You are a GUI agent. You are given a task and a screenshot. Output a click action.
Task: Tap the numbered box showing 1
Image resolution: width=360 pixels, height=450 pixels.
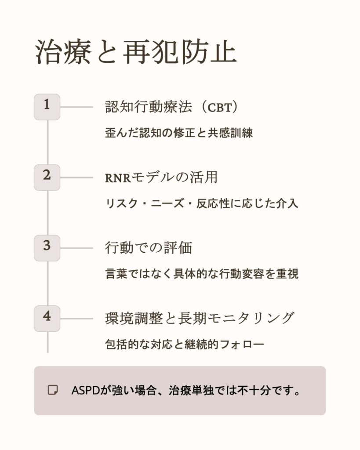tap(47, 106)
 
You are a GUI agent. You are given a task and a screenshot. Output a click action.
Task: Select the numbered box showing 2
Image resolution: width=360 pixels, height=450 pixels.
tap(47, 177)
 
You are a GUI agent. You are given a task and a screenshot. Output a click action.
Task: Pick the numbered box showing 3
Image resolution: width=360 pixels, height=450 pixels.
tap(47, 247)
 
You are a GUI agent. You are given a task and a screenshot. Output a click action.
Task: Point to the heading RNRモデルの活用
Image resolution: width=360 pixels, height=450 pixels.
tap(161, 178)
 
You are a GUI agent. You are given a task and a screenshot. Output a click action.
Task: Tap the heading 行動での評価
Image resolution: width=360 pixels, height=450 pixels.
tap(149, 248)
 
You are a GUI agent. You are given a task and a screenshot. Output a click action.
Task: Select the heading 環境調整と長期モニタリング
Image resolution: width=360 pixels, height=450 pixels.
tap(199, 318)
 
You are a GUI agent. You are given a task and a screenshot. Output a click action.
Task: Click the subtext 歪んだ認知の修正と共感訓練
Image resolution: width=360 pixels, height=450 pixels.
tap(179, 133)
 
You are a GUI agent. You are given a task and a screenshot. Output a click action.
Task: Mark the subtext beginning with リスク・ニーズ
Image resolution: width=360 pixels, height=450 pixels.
tap(202, 203)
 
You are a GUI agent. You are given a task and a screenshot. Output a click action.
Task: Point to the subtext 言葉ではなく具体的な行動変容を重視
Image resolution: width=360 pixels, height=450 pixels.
tap(202, 274)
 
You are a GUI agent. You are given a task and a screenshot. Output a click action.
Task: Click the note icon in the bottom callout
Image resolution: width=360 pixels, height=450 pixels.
tap(53, 390)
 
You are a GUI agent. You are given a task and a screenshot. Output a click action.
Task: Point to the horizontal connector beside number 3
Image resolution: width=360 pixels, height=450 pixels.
tap(76, 248)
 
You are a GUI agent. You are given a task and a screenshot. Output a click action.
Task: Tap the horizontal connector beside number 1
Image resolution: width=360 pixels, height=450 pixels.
tap(76, 107)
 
